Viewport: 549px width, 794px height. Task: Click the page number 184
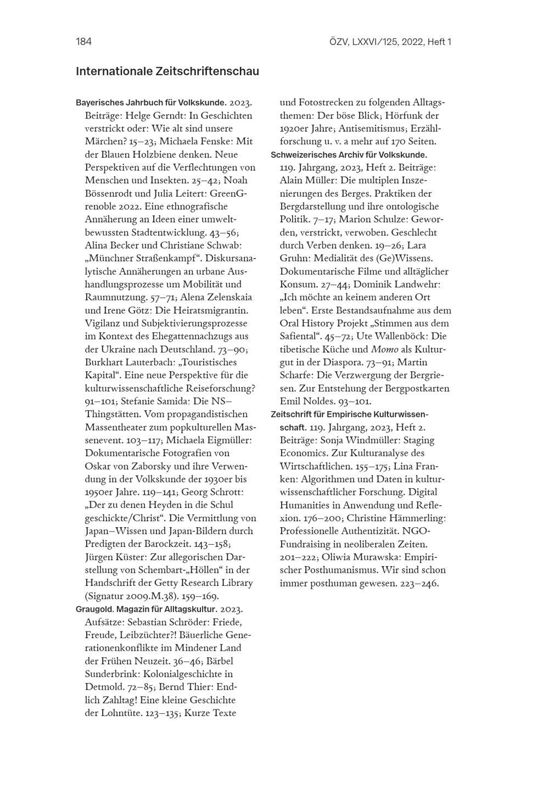[83, 42]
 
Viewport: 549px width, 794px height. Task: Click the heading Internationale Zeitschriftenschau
[167, 72]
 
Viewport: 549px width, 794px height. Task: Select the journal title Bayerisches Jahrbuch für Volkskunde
[151, 103]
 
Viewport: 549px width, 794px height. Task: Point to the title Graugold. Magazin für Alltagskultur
[147, 609]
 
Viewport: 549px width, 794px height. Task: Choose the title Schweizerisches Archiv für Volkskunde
[349, 155]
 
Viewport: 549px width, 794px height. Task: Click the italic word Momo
[384, 349]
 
